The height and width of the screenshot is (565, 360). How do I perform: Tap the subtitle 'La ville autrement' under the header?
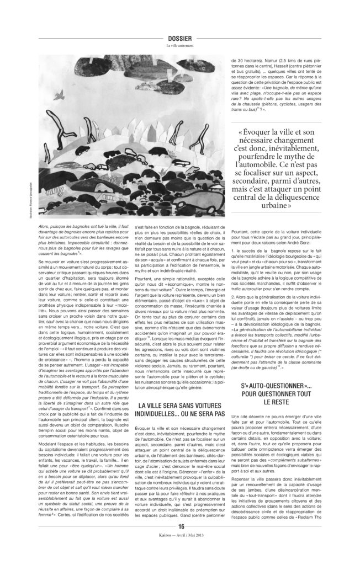pos(180,46)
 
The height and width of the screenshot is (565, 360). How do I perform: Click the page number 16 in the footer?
pos(180,540)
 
